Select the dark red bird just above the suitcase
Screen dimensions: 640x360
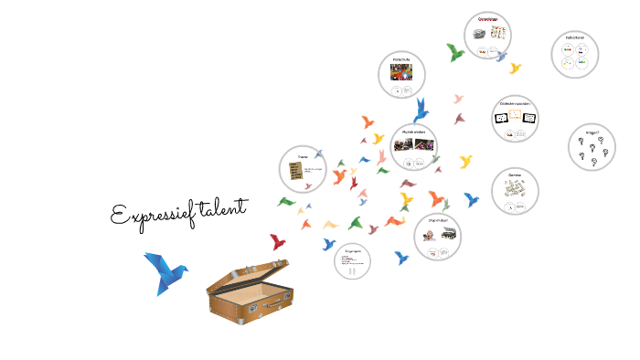click(x=277, y=242)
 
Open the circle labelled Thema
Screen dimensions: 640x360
click(x=303, y=168)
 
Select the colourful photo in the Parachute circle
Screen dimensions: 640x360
click(x=401, y=71)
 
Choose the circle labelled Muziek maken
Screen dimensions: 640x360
click(x=414, y=146)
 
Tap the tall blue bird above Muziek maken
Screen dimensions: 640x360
click(x=421, y=111)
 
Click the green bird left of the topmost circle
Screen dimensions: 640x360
click(x=454, y=53)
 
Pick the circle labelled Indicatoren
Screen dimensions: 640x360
click(x=575, y=54)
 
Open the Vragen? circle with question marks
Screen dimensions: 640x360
click(x=592, y=147)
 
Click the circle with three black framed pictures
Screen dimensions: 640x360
click(x=515, y=119)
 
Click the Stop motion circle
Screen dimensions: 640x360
click(x=437, y=237)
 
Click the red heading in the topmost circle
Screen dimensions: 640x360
click(x=486, y=18)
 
